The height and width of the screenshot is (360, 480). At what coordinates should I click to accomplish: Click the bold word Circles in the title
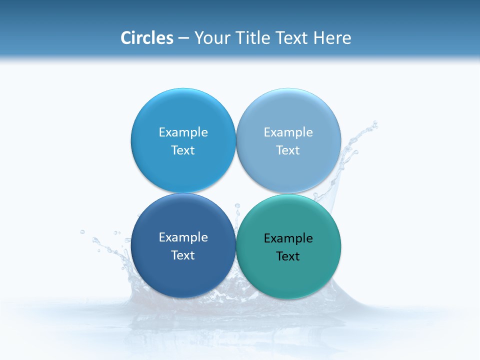[x=147, y=38]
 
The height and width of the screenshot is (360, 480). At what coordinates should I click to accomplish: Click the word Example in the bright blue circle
[x=183, y=132]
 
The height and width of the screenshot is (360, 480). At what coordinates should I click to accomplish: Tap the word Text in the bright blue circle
[x=183, y=150]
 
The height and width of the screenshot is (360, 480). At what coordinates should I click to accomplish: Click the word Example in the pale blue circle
[x=288, y=132]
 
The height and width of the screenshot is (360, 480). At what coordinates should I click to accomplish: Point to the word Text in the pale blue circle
[x=288, y=150]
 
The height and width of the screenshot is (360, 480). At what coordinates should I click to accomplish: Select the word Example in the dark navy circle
[x=183, y=237]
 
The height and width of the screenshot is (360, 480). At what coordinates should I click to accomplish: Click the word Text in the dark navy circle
[x=183, y=255]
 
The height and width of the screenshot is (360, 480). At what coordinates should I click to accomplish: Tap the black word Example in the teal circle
[x=288, y=238]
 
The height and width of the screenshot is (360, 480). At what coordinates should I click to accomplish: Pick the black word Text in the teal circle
[x=288, y=256]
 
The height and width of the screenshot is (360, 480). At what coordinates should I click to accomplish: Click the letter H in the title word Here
[x=318, y=38]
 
